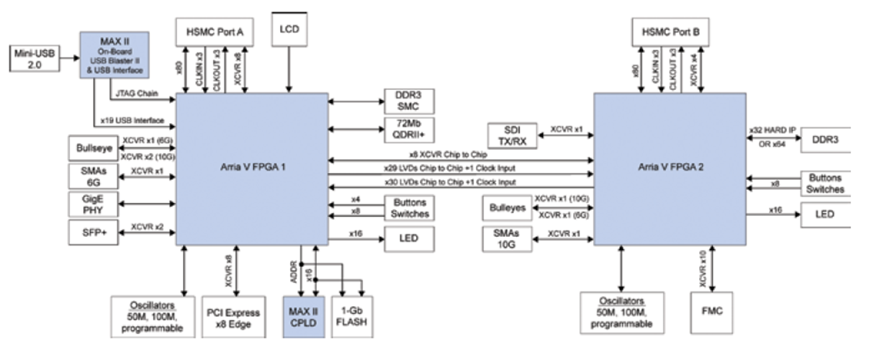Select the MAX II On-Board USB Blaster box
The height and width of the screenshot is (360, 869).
tap(114, 55)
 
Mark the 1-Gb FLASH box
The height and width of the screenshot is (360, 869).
tap(351, 316)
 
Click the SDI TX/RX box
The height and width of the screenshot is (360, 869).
tap(511, 135)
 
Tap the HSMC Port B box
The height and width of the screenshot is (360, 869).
tap(670, 32)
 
